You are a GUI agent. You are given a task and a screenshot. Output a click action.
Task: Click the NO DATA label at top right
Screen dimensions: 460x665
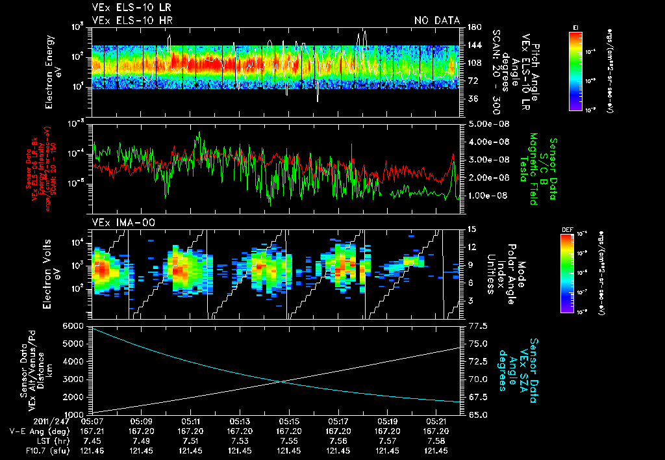[x=437, y=20]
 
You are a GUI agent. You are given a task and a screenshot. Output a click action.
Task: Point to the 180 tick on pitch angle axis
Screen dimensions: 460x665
[x=473, y=27]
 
